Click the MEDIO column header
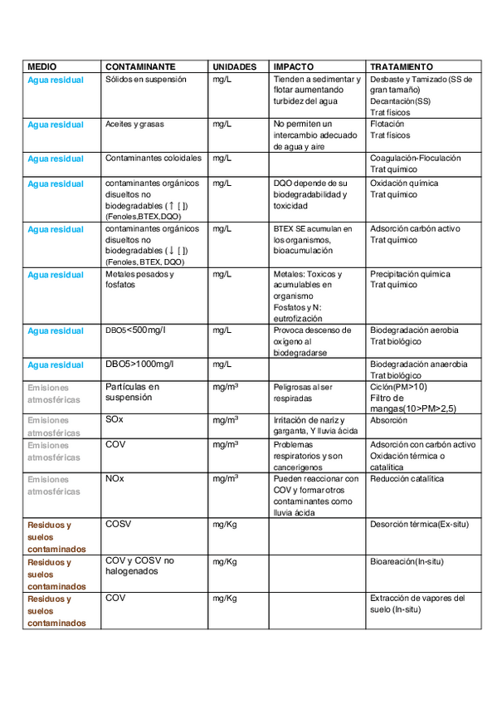(42, 66)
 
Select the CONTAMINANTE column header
(140, 66)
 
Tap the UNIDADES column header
(233, 66)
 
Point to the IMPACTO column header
(293, 66)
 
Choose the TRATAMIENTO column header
(402, 66)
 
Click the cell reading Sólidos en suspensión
(146, 80)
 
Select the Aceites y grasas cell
(135, 124)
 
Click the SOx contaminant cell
(115, 420)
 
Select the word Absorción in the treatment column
(389, 420)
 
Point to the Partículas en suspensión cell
(132, 391)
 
